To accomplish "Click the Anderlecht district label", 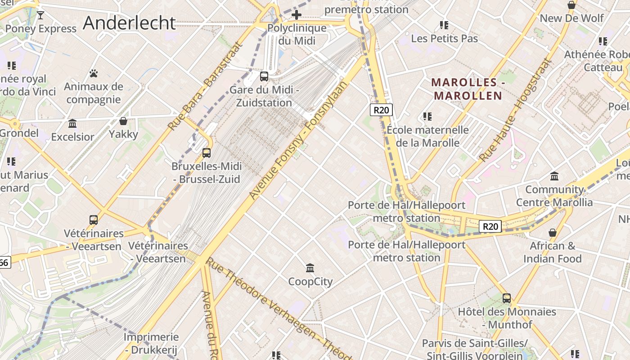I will [129, 23].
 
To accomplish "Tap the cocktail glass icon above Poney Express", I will [40, 15].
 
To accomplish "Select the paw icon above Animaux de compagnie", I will [94, 73].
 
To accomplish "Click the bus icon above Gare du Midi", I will [264, 76].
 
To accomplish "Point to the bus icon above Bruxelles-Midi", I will [207, 153].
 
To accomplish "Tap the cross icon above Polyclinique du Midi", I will [296, 15].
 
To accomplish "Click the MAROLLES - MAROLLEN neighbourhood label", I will [467, 89].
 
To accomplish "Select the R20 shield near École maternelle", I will [381, 110].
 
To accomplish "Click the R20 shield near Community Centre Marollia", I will [490, 226].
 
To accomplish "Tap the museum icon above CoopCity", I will [310, 268].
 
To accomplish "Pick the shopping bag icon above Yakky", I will [123, 121].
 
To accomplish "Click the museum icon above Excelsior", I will [72, 123].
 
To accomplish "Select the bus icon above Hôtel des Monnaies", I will [507, 298].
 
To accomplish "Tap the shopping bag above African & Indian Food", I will [552, 233].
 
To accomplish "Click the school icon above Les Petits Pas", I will [444, 25].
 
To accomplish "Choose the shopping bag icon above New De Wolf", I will [571, 5].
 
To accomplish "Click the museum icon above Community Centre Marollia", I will [554, 176].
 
